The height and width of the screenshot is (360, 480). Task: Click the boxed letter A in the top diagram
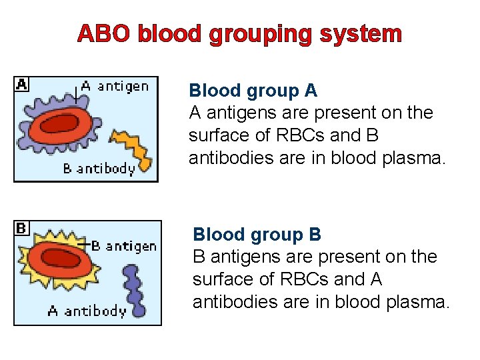pos(22,85)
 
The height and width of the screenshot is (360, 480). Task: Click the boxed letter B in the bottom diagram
pos(21,229)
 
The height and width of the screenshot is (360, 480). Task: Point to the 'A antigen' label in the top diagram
pos(115,85)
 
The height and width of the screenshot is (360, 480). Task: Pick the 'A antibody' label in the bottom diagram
pos(87,311)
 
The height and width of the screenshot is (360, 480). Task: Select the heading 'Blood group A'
pos(253,91)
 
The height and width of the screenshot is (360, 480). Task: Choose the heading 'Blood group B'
pos(257,235)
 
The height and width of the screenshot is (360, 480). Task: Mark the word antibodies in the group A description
pos(230,159)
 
